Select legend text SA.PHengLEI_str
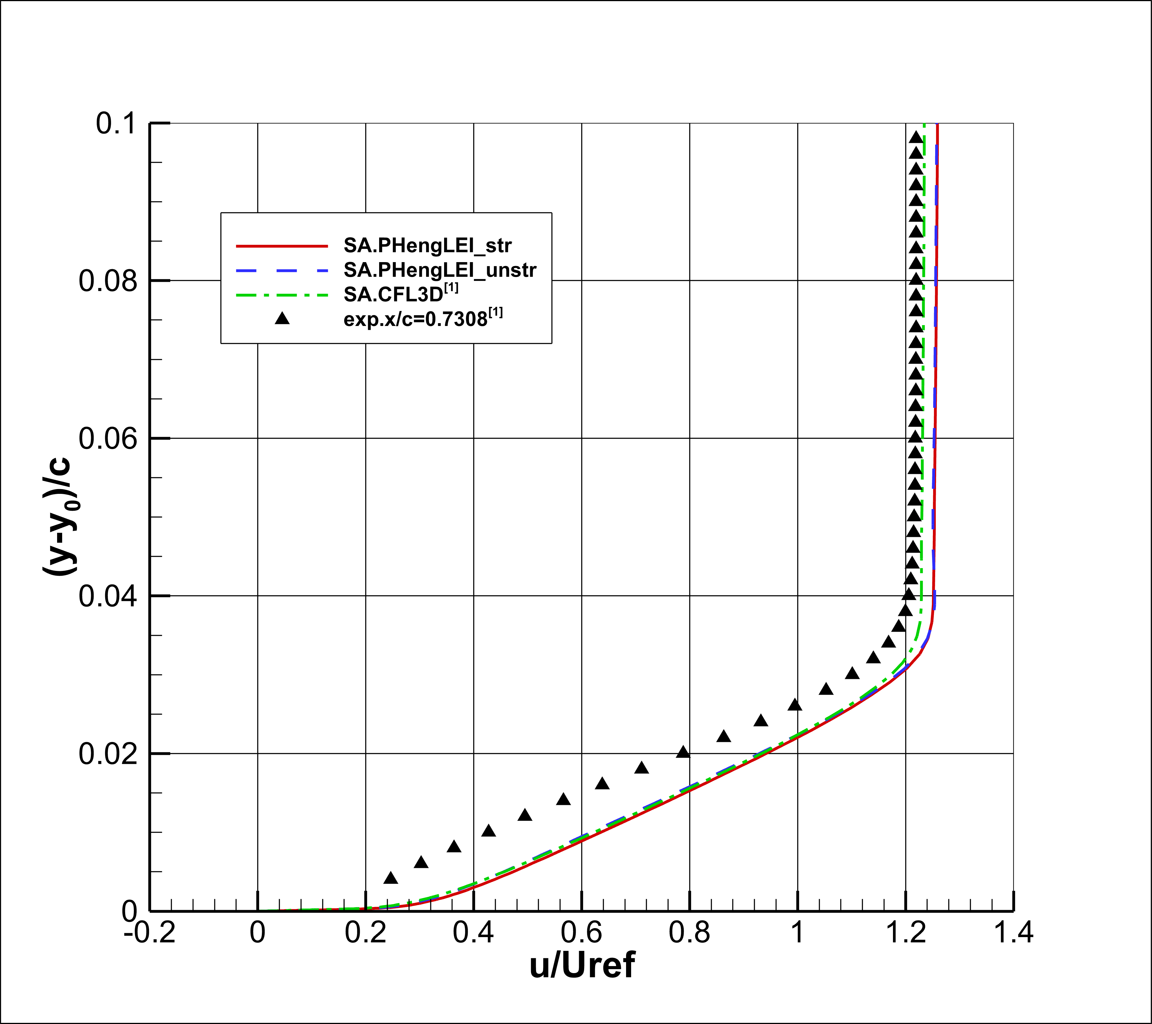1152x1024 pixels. coord(428,246)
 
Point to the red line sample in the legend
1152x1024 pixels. coord(282,246)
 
